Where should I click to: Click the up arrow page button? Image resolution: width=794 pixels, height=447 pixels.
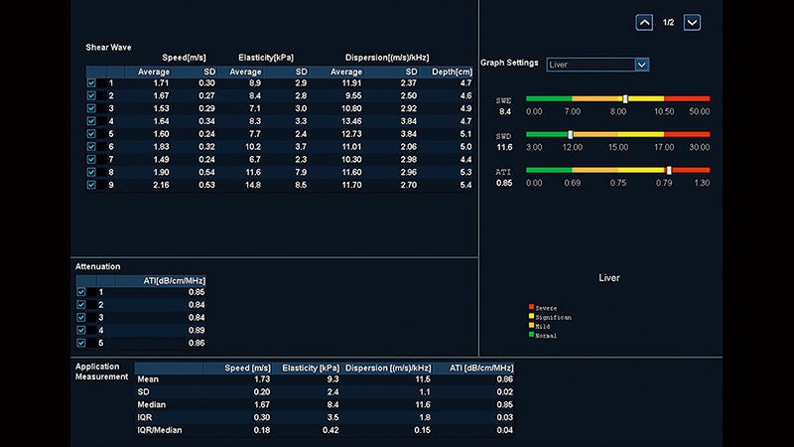644,22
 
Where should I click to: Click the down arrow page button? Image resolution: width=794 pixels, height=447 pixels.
692,22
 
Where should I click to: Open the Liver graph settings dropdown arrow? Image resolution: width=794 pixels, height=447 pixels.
641,65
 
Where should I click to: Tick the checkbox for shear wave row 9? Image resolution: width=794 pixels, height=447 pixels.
91,185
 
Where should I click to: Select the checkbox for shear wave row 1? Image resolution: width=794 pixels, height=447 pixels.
91,83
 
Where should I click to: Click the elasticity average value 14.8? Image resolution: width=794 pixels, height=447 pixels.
253,185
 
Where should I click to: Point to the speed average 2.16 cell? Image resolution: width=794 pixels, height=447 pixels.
161,185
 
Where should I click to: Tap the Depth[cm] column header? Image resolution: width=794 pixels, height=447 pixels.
452,72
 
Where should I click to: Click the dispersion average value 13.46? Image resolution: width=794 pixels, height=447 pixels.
351,121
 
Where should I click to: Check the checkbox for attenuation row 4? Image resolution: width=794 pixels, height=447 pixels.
81,330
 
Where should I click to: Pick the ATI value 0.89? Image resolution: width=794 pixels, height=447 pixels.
197,330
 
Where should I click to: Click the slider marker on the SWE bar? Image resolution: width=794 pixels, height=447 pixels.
625,98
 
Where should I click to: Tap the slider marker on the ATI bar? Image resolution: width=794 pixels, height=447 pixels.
669,170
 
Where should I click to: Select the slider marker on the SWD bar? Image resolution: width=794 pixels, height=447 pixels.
570,134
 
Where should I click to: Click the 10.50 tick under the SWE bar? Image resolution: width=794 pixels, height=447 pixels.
664,111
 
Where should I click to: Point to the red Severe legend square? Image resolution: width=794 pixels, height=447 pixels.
531,307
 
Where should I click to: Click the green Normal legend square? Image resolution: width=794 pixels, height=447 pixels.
531,334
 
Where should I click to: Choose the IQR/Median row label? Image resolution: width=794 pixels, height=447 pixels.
160,430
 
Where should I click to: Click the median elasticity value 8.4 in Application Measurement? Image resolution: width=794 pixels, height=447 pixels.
332,404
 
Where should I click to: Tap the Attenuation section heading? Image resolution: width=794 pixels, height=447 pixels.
97,266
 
